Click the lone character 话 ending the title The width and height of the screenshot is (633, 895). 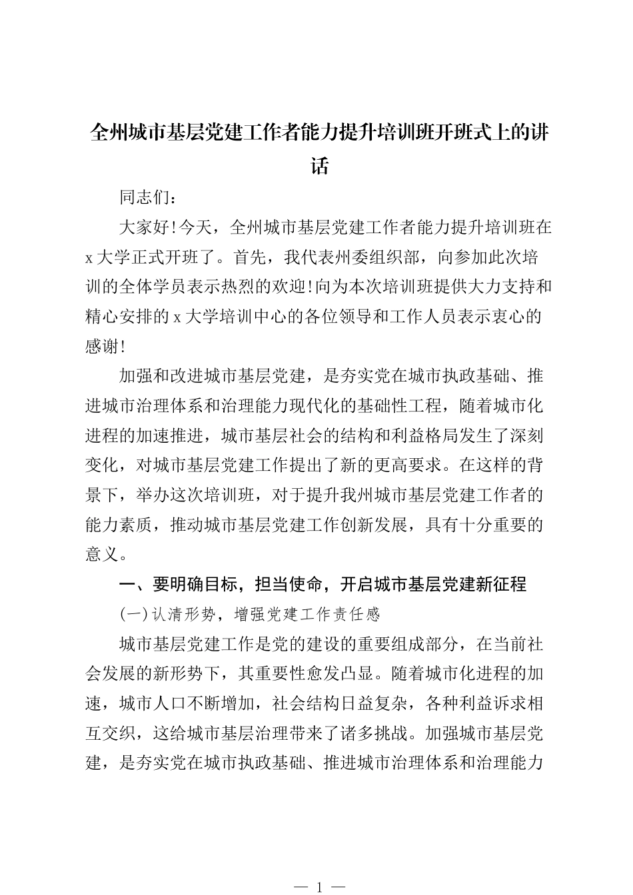320,165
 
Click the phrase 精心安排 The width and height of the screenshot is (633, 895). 119,316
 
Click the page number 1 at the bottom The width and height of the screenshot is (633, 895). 320,886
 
